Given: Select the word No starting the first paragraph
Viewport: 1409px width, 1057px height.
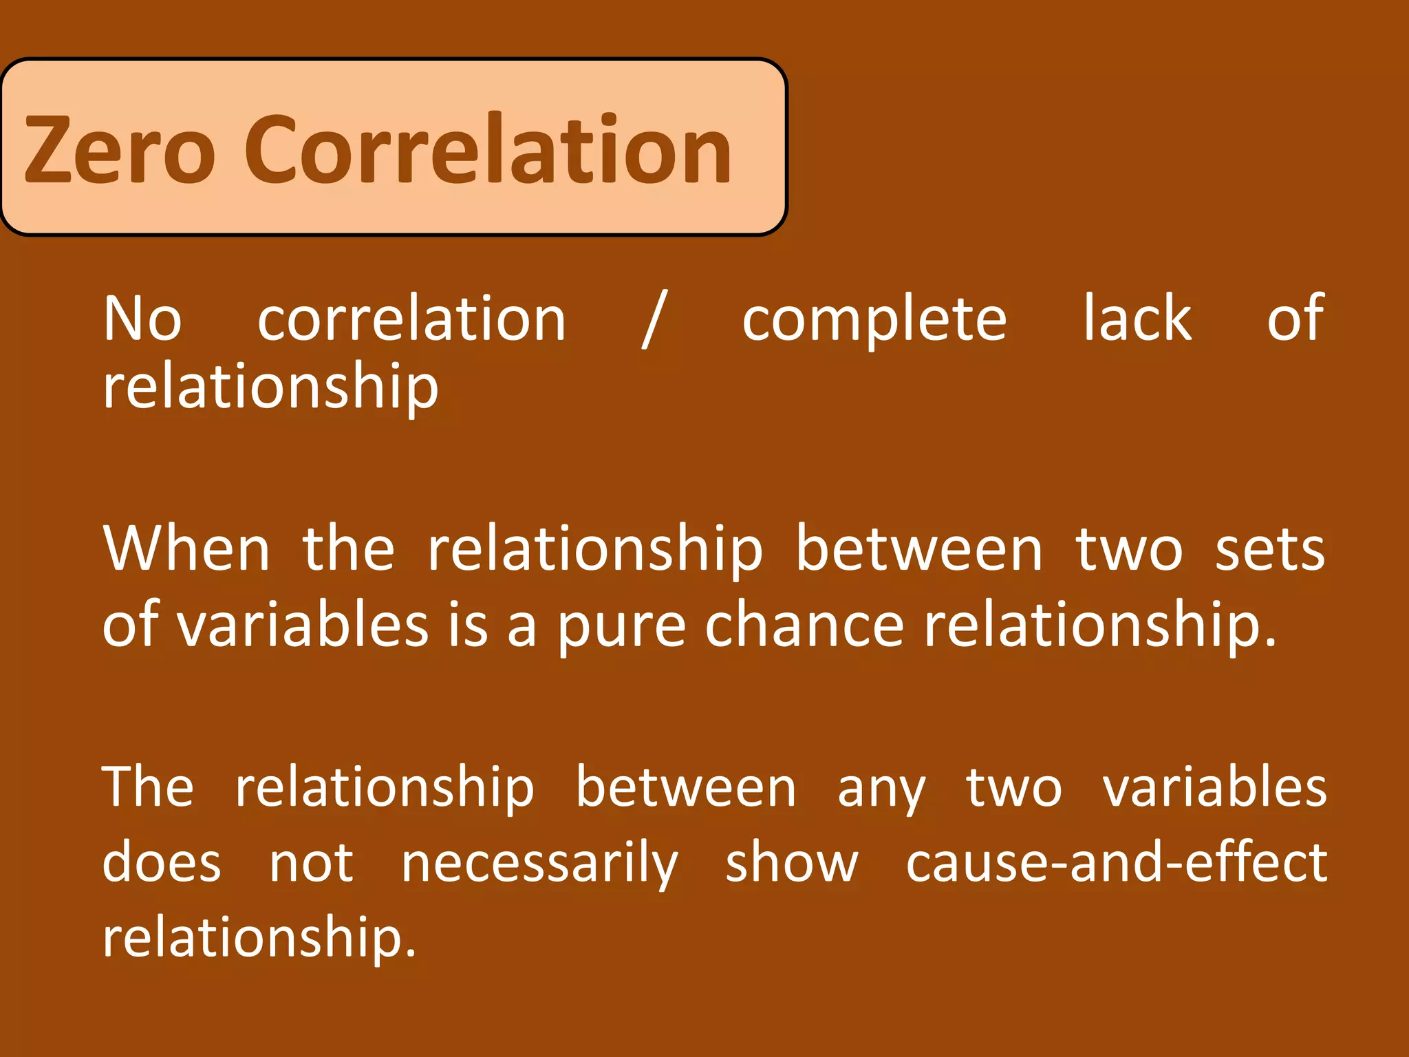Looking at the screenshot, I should click(142, 319).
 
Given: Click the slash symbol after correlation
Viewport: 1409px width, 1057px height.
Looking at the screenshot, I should click(654, 319).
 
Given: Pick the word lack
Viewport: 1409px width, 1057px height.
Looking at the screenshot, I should click(1137, 319).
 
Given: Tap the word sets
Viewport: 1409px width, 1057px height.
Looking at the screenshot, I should click(1270, 551).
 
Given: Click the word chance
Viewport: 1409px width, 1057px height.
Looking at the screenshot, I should click(804, 625).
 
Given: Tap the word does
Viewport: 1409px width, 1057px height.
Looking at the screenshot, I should click(162, 862).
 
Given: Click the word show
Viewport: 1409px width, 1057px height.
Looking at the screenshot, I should click(792, 862).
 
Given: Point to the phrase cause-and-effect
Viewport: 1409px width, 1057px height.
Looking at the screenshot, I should click(1116, 862).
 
